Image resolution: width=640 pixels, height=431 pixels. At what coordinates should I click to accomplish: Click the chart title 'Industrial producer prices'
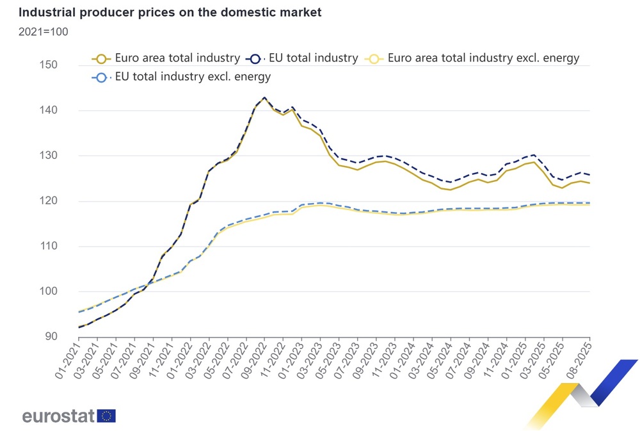pos(170,12)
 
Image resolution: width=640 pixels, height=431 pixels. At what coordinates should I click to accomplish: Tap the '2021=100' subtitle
pos(43,31)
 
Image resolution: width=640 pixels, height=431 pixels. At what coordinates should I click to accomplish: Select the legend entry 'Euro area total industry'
pos(168,58)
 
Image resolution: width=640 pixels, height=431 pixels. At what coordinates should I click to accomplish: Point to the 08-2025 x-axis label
pos(580,361)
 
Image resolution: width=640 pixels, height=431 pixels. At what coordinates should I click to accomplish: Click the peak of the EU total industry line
pos(264,98)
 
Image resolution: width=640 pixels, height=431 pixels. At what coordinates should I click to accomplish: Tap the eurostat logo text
pos(59,416)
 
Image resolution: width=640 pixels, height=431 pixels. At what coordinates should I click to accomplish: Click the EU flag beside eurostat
pos(107,416)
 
